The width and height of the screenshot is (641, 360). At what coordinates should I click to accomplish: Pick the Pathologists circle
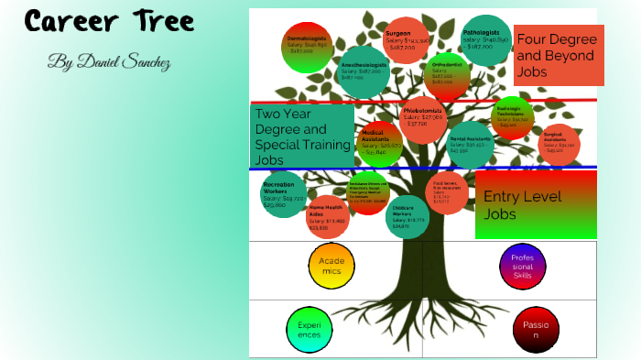point(487,40)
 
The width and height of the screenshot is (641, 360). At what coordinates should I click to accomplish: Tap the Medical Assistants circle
point(380,142)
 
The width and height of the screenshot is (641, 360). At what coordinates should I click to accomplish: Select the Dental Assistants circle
point(471,144)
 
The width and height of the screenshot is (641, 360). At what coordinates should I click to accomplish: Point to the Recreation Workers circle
point(284,194)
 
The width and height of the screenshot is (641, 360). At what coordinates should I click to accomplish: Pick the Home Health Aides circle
point(328,216)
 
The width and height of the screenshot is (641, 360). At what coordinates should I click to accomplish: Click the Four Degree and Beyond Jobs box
point(559,55)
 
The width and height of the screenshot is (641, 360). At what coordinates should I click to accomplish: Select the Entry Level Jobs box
point(536,204)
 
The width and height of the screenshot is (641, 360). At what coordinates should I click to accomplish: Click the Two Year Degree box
point(302,135)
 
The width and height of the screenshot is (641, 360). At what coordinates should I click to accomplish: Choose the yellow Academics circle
point(331,266)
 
